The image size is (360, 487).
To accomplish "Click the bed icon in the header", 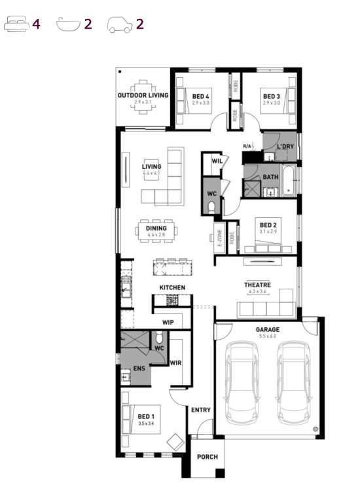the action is tap(16, 24).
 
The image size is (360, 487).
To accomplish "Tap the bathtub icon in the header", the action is tap(68, 25).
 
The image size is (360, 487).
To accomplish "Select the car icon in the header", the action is tap(120, 25).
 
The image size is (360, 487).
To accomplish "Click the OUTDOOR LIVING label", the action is tap(143, 95).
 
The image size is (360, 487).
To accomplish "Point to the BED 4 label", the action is tap(201, 97).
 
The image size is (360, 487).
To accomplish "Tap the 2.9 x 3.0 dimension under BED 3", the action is tap(272, 103).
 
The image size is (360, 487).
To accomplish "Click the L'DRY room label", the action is tap(285, 146).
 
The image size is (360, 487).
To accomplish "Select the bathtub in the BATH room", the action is tap(289, 181).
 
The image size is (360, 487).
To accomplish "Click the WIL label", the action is tap(217, 161).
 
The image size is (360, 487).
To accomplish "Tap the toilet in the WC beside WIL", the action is tap(211, 207).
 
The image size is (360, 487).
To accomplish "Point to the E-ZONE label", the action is tap(220, 238).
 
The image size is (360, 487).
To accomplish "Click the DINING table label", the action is tap(156, 228).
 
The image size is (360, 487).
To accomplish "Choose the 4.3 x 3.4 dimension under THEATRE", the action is tap(257, 292).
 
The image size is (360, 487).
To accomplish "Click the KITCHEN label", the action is tap(172, 287).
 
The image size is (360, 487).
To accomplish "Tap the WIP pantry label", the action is tap(168, 323).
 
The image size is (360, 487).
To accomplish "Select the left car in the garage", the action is tap(242, 383).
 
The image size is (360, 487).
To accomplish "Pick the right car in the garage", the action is tap(293, 383).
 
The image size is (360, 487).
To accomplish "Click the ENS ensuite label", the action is tap(139, 369).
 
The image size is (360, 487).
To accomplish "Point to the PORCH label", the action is tap(207, 457).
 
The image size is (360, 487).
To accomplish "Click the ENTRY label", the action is tap(201, 410).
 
